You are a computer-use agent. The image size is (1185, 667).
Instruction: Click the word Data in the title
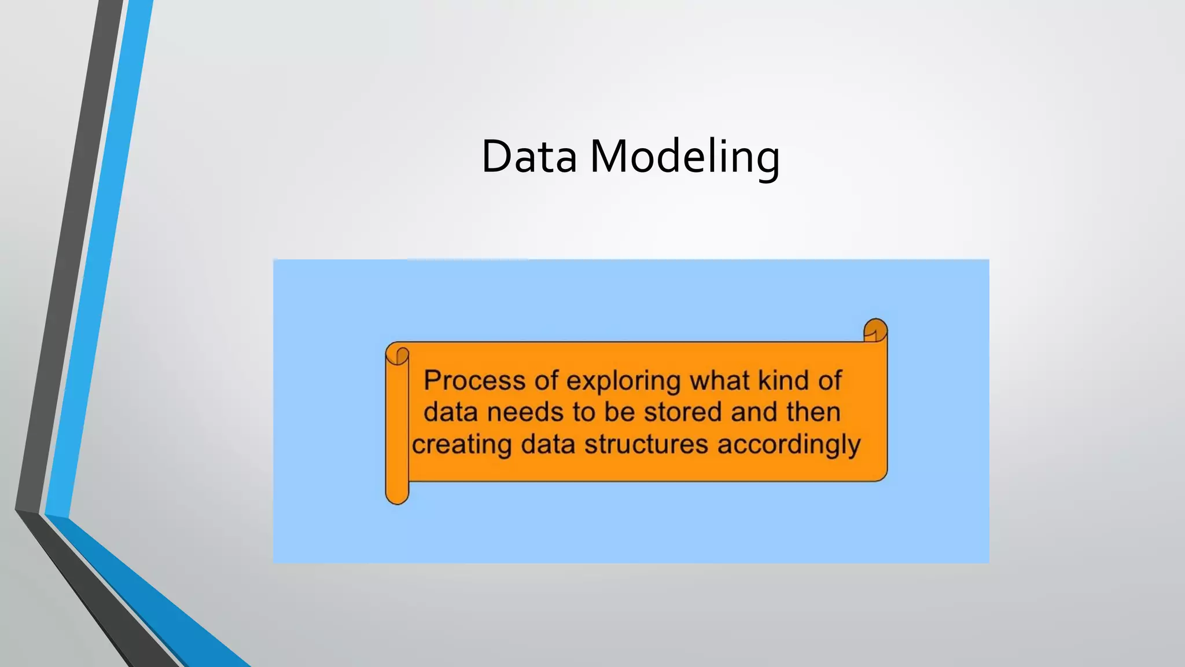point(529,156)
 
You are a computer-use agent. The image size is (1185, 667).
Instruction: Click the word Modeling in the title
point(685,157)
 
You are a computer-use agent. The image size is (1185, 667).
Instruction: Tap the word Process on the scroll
point(474,380)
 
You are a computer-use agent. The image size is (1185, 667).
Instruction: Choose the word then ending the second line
point(813,412)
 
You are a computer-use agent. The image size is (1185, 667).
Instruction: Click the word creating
point(462,445)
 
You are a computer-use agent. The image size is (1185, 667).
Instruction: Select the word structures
point(646,445)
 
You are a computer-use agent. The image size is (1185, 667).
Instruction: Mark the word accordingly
point(789,445)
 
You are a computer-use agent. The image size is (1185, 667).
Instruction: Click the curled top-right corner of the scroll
point(875,331)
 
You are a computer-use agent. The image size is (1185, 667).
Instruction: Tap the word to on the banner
point(584,412)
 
